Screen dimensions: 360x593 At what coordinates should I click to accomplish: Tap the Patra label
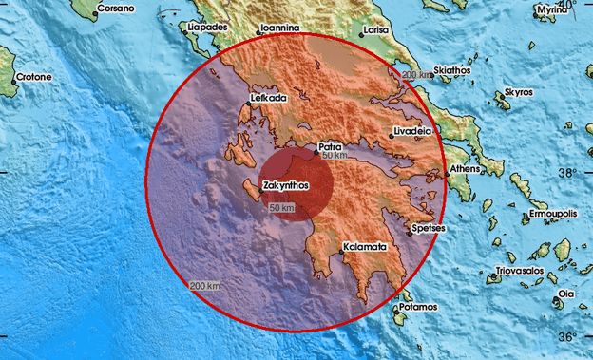(330, 147)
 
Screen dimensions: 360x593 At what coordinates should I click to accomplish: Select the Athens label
(465, 168)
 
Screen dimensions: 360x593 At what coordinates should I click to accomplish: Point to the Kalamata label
(365, 247)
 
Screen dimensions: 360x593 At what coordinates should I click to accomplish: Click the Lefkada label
(269, 98)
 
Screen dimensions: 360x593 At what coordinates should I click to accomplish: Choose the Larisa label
(377, 31)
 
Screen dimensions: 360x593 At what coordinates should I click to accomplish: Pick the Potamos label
(418, 307)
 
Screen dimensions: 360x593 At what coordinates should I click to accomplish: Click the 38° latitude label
(566, 174)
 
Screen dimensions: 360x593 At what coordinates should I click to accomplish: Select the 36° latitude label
(566, 336)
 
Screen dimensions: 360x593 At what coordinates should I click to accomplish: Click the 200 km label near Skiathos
(415, 75)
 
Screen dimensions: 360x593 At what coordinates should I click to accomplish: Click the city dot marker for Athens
(445, 175)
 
